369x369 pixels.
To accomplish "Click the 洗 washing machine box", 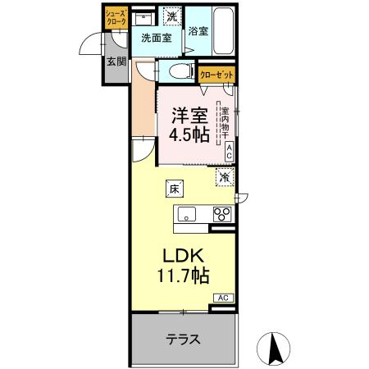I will (171, 15).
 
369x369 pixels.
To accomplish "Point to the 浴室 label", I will (198, 32).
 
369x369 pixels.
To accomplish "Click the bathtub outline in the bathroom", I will (222, 30).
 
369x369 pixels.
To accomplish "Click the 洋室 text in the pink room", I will (188, 116).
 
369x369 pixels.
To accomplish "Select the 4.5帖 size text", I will (188, 136).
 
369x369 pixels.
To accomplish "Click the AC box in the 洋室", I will (229, 150).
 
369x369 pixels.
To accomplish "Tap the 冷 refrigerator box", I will (223, 176).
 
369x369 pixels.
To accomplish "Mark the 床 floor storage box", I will (175, 189).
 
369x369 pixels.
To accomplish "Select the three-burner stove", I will (221, 215).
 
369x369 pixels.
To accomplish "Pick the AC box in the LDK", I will (223, 298).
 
